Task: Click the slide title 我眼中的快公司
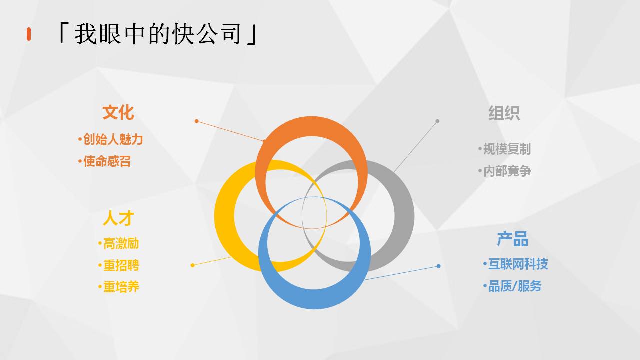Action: coord(157,34)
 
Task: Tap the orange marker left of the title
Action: coord(29,34)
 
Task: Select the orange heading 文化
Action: coord(118,112)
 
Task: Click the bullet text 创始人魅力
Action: coord(113,139)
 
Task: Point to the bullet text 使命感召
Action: coord(107,161)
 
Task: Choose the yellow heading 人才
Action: coord(118,218)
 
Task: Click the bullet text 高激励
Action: coord(121,243)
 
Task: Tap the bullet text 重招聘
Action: coord(121,265)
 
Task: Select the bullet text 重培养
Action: coord(121,287)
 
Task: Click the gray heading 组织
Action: coord(504,113)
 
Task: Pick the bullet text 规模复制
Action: coord(507,149)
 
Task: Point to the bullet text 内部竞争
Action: coord(507,171)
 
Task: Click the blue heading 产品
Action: coord(513,239)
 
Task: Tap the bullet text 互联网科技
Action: coord(518,264)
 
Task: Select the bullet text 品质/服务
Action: coord(515,286)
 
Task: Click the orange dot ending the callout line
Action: coord(196,121)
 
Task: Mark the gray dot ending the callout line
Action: coord(437,121)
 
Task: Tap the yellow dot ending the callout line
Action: coord(192,265)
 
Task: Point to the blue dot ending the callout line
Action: coord(439,266)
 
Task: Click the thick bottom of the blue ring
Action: coord(314,299)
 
